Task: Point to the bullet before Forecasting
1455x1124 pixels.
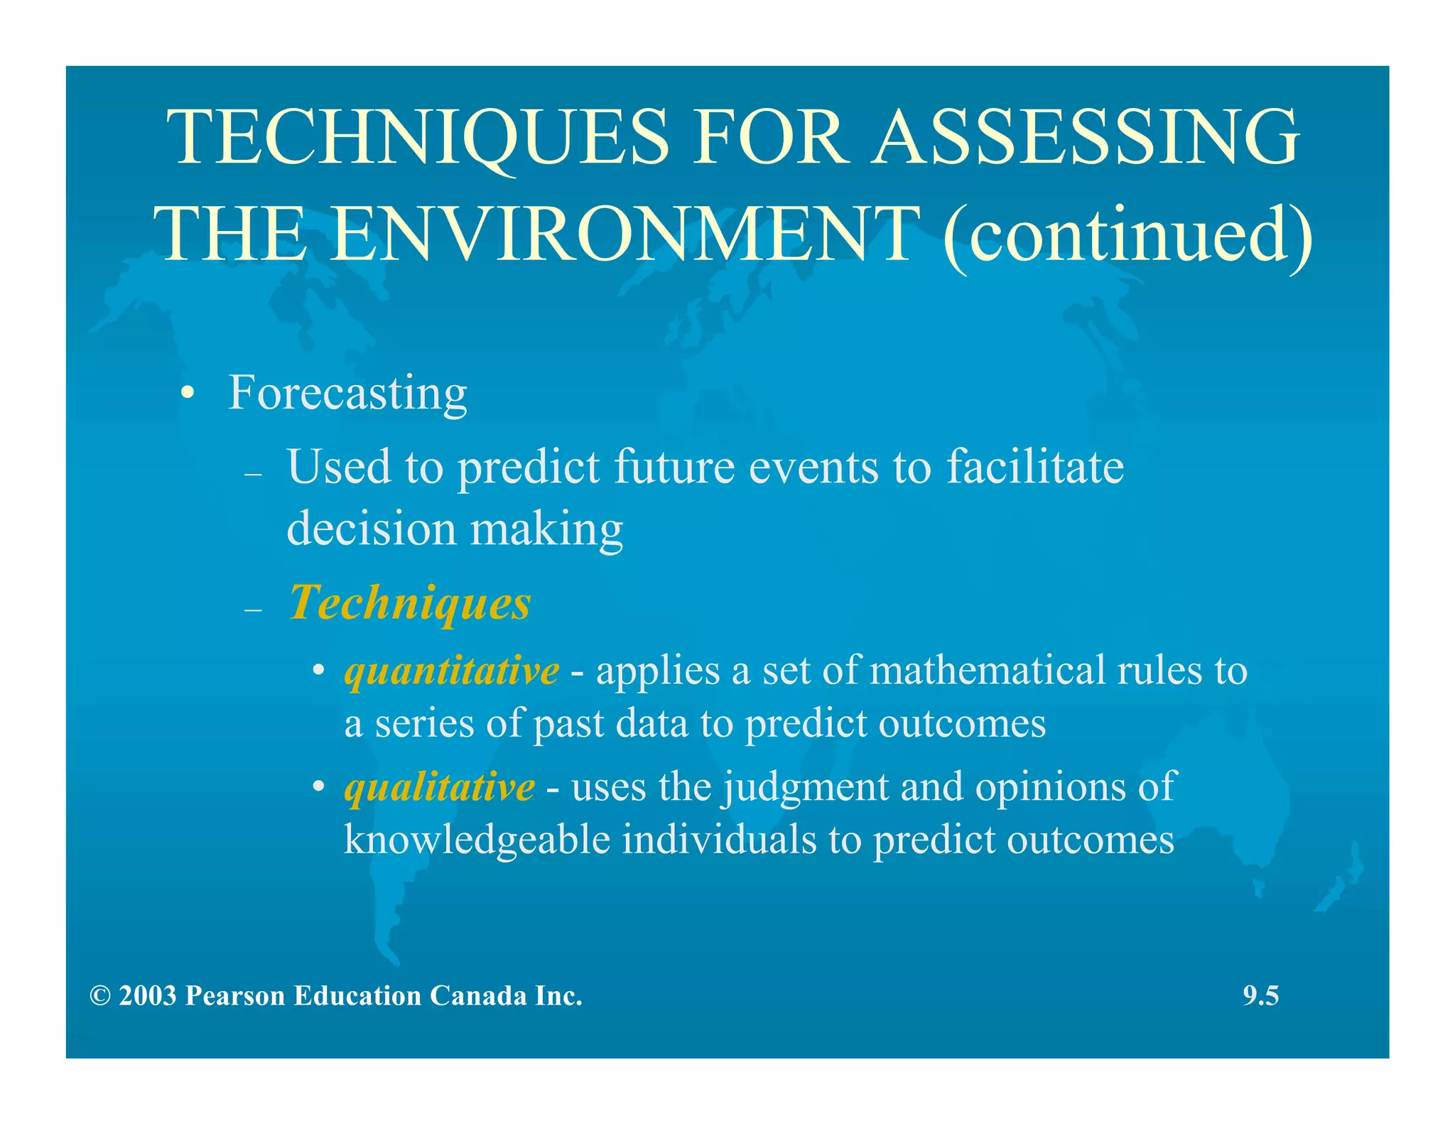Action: point(187,394)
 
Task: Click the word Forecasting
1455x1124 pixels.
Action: point(347,393)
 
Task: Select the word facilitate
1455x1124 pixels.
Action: point(1035,467)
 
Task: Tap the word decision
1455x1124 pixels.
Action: point(371,529)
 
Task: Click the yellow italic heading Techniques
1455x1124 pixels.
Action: point(410,603)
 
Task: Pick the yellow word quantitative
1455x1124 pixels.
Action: point(452,671)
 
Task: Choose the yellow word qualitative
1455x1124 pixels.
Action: point(439,787)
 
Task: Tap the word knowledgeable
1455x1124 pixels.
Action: point(477,840)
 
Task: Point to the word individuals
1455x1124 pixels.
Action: point(720,840)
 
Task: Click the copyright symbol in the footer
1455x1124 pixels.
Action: point(100,996)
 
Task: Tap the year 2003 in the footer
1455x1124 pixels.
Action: point(147,996)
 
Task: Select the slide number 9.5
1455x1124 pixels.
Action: point(1260,996)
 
